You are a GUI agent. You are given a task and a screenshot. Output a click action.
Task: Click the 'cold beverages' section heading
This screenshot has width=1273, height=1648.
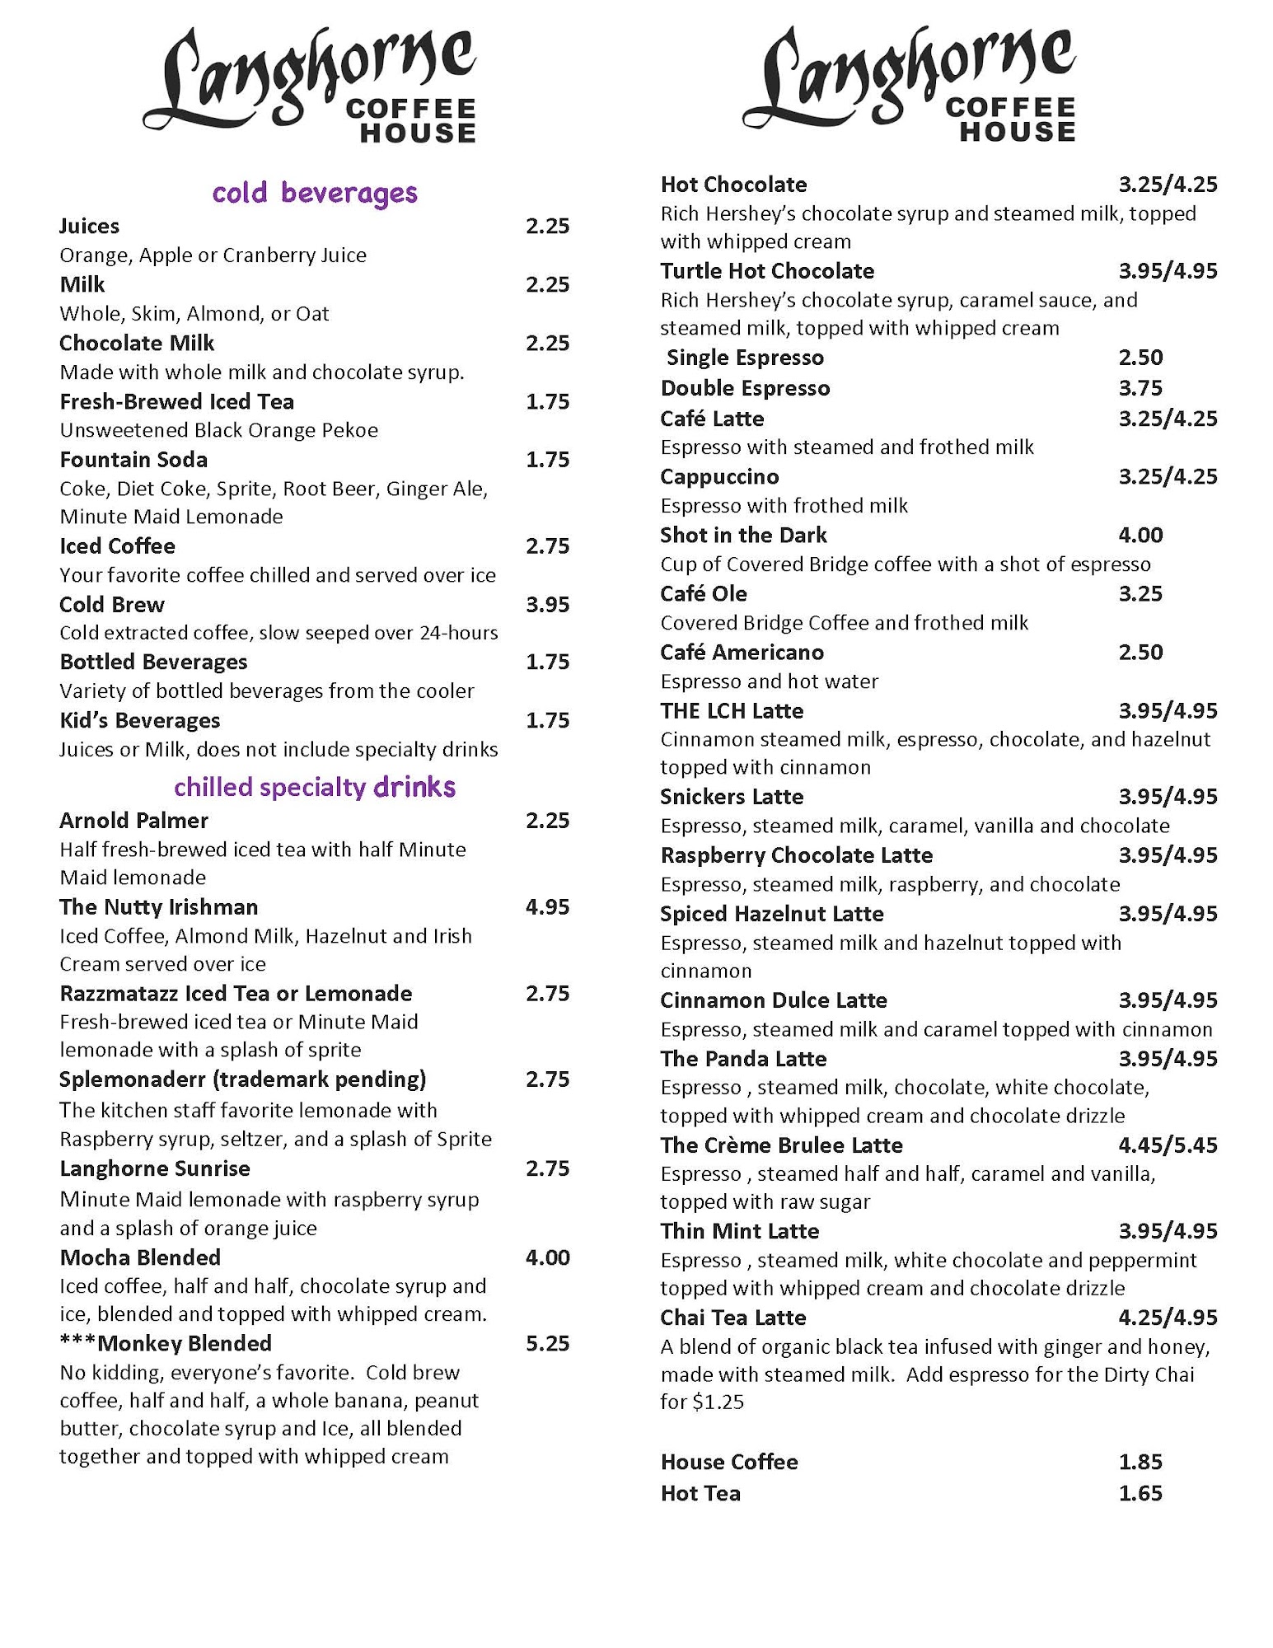click(315, 193)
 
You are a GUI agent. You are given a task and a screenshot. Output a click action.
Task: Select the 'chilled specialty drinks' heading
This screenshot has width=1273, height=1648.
click(315, 787)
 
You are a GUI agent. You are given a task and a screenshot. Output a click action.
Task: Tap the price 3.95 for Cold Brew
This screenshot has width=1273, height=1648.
click(548, 605)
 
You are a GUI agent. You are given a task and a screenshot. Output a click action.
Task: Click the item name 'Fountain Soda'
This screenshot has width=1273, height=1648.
click(133, 460)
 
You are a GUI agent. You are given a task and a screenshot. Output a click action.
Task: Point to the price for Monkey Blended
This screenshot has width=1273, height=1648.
click(548, 1344)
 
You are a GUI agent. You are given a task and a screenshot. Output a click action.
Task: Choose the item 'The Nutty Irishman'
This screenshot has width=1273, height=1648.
click(159, 907)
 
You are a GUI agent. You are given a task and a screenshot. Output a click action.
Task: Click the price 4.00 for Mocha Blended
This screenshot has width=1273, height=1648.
click(548, 1257)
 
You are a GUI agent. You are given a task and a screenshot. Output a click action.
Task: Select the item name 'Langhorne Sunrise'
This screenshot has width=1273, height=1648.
click(155, 1168)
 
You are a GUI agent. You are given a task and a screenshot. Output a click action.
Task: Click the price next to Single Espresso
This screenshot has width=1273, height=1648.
click(1140, 358)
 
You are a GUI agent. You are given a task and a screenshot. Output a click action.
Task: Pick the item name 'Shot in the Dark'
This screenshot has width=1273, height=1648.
click(743, 536)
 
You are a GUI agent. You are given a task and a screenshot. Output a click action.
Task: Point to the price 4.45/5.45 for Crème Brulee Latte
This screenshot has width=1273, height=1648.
click(1168, 1145)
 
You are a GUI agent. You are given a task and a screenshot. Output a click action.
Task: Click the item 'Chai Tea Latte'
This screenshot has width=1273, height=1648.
click(733, 1318)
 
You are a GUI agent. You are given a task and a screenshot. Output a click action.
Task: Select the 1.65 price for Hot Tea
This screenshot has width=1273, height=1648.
click(1140, 1493)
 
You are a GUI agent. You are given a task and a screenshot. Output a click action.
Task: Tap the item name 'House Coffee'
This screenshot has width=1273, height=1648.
click(729, 1462)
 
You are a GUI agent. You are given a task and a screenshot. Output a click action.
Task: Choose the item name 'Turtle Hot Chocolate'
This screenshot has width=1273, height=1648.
click(767, 271)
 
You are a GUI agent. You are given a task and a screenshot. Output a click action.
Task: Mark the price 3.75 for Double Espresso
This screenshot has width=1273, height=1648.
click(1140, 388)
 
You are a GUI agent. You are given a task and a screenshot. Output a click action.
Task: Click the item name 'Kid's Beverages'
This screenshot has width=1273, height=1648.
click(140, 721)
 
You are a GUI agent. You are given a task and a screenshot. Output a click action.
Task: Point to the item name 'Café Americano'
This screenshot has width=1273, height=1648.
click(742, 653)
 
